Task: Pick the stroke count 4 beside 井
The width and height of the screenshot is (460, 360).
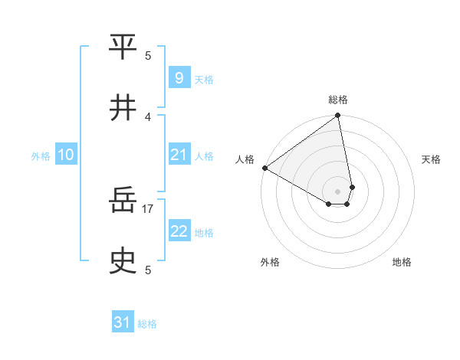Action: click(x=148, y=116)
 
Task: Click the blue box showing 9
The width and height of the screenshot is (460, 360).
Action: click(x=179, y=77)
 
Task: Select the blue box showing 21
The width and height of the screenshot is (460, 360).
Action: click(x=179, y=155)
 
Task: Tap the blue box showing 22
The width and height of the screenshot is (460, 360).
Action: click(x=179, y=231)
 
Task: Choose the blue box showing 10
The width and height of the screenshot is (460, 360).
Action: click(x=66, y=155)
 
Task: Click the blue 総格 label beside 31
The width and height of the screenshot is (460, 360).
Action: click(x=147, y=324)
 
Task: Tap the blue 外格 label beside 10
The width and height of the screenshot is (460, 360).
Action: click(x=41, y=156)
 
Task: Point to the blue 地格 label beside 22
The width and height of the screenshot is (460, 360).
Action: click(x=204, y=233)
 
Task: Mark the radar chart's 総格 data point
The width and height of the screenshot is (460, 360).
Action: click(x=337, y=116)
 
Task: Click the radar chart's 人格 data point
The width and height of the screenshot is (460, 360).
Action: click(x=264, y=168)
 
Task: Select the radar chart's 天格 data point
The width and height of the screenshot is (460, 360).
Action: click(x=352, y=187)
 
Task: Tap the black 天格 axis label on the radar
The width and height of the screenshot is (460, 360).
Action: click(x=431, y=159)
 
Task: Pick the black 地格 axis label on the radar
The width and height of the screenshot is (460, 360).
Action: click(x=402, y=262)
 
